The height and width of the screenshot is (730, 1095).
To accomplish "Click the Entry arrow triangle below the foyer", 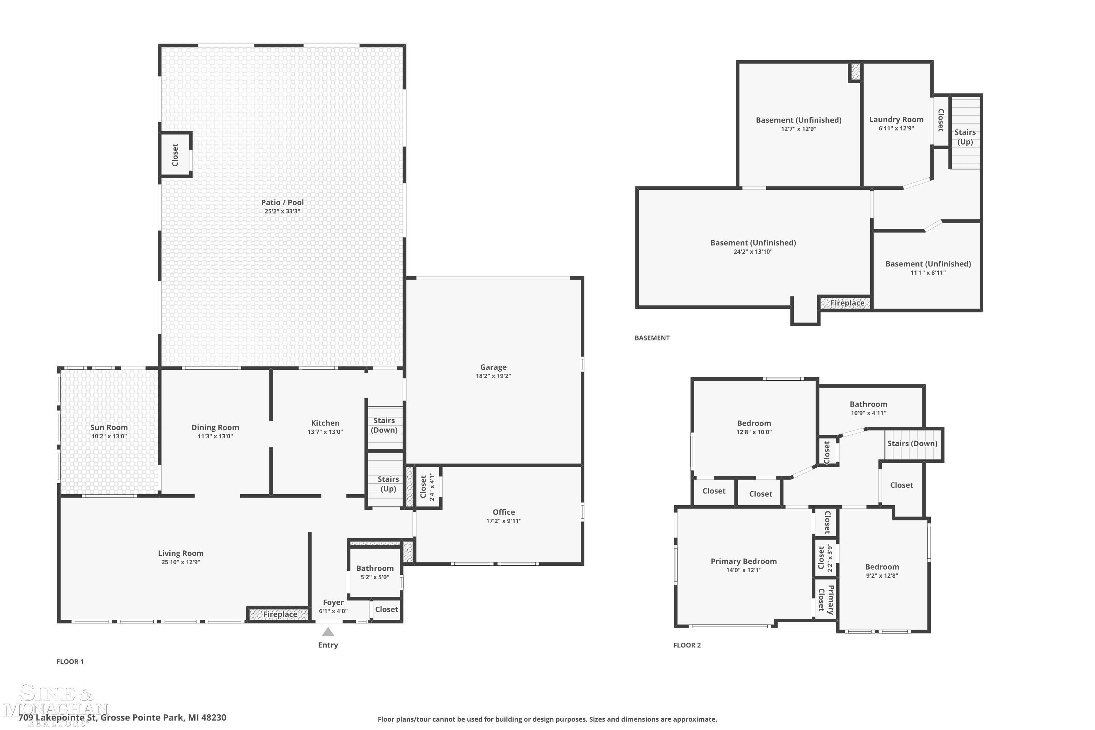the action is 328,632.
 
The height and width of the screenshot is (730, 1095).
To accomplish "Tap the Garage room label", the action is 493,367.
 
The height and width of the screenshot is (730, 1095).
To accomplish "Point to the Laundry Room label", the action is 896,120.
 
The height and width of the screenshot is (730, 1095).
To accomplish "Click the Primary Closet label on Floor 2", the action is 826,600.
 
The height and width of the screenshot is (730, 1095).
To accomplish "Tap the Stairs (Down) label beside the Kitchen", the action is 384,425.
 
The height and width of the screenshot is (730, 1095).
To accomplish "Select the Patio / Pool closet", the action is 176,154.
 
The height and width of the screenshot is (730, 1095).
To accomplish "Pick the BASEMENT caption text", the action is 652,338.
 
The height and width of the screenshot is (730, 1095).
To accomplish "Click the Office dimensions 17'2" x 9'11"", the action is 504,520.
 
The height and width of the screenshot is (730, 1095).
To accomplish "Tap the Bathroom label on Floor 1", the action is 375,568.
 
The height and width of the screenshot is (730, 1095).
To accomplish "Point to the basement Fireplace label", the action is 847,303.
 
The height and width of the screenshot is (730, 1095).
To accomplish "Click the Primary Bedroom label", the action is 744,561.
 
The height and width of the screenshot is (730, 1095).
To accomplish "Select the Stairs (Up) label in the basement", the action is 965,137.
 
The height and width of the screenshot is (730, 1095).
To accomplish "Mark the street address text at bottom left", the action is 122,718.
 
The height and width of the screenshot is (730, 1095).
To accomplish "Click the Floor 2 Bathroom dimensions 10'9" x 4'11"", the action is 868,413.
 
